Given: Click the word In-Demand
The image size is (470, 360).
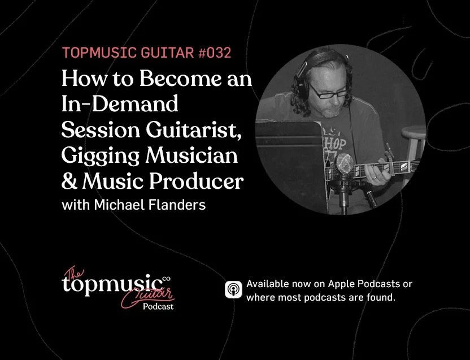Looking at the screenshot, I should (120, 105).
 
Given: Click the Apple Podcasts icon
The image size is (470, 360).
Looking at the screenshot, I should (233, 290).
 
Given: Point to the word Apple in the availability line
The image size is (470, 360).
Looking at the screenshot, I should (336, 284).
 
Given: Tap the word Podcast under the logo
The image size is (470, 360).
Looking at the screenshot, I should (158, 306).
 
